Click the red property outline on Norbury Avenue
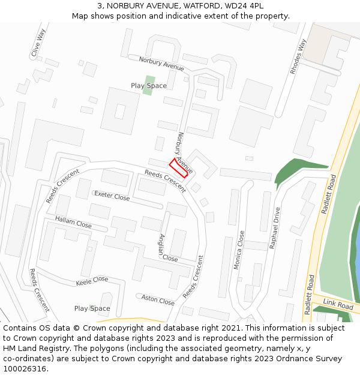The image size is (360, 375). tap(181, 167)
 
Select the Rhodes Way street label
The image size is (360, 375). tap(298, 56)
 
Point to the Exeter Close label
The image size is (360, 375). tap(112, 196)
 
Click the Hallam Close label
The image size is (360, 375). tap(73, 221)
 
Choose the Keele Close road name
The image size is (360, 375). tap(92, 280)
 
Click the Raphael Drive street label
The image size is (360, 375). tap(275, 228)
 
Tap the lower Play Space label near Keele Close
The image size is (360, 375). tap(92, 308)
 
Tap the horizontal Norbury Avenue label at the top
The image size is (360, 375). tap(161, 64)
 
